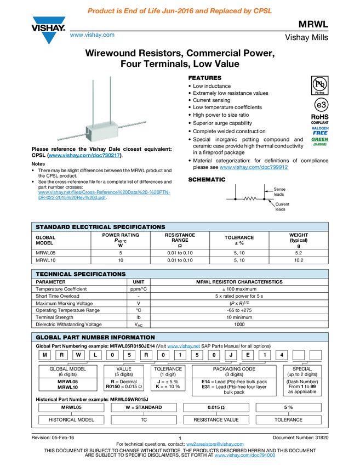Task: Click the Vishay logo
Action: point(49,30)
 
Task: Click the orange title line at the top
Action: point(180,11)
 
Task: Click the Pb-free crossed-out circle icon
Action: point(319,84)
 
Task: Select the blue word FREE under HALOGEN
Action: point(319,133)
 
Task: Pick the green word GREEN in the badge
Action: point(319,139)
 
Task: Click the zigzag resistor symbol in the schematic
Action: point(250,199)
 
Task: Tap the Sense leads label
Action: point(279,192)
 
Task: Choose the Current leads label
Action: point(282,207)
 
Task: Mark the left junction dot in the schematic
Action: point(235,199)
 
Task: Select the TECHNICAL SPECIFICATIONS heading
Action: point(81,274)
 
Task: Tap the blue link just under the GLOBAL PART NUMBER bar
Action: point(184,346)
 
